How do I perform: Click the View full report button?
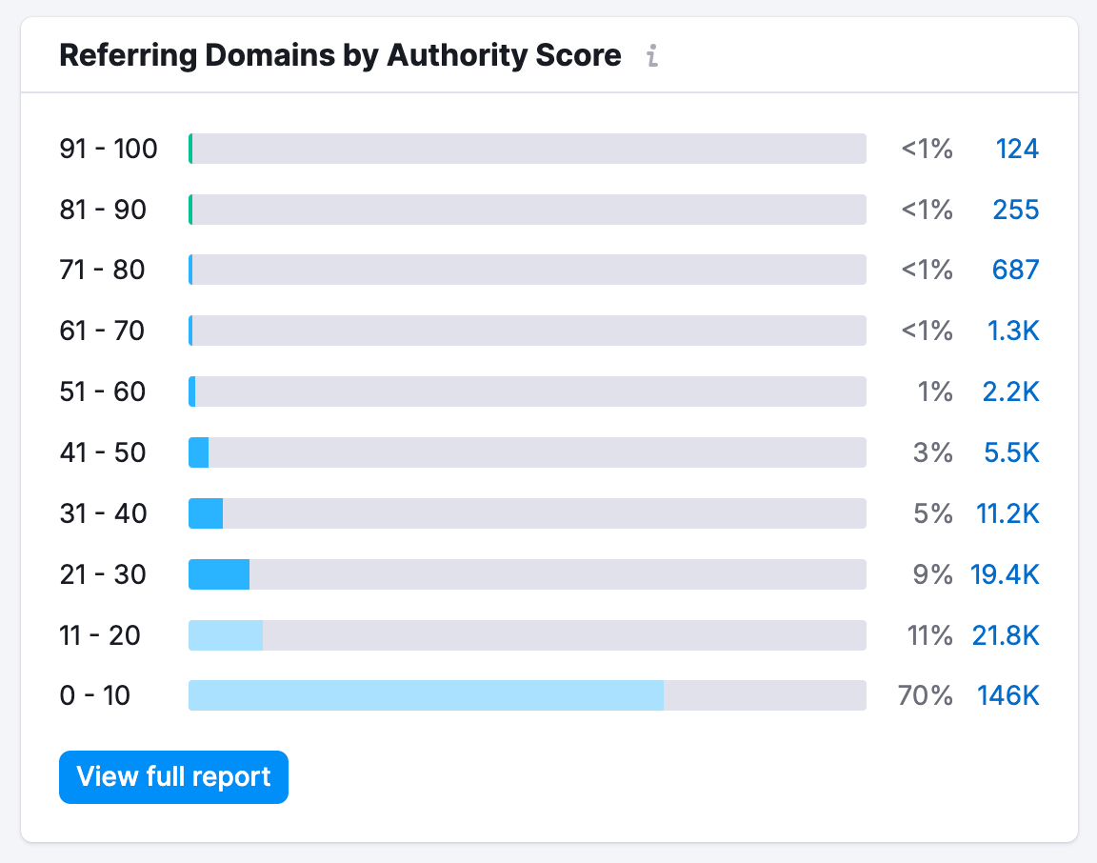(173, 777)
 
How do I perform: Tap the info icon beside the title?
(651, 56)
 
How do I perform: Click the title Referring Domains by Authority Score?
(340, 56)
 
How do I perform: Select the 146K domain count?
(1007, 696)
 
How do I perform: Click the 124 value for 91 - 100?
(1017, 149)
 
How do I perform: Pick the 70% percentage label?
(925, 696)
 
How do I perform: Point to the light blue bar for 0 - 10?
(426, 695)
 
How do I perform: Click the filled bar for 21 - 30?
(219, 574)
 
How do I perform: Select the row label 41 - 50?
(103, 452)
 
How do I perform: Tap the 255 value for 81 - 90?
(1015, 210)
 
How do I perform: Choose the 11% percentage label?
(929, 635)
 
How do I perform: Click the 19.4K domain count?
(1005, 574)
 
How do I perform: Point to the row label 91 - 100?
(109, 149)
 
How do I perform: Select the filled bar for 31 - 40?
(206, 513)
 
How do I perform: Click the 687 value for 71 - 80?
(1015, 271)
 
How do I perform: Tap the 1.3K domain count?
(1012, 331)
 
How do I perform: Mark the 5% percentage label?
(932, 513)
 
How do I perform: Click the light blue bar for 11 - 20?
(226, 635)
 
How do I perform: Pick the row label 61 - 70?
(102, 331)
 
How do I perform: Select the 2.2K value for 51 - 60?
(1010, 391)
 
